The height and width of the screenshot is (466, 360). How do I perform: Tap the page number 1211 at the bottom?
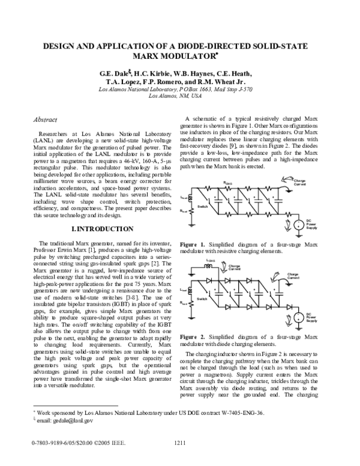coord(181,459)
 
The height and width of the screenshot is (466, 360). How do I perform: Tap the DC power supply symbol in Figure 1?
coord(297,225)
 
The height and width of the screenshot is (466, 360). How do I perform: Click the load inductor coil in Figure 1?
coord(191,198)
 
